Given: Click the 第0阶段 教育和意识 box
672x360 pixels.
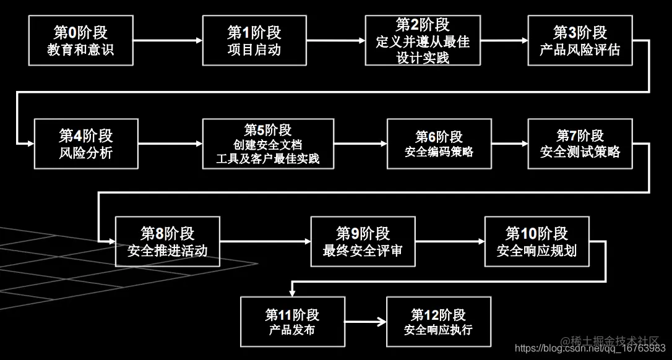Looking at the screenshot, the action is coord(80,41).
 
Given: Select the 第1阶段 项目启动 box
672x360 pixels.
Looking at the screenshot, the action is coord(254,41).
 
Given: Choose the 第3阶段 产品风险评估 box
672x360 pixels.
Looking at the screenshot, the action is coord(580,41).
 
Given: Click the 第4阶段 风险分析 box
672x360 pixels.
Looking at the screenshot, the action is coord(86,144).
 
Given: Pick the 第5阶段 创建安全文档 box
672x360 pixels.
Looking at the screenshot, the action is coord(268,144).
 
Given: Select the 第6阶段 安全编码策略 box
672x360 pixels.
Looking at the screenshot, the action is coord(439,144).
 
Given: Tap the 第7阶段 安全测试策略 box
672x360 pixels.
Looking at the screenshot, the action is coord(580,144).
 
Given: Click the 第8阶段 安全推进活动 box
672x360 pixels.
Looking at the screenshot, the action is coord(168,241).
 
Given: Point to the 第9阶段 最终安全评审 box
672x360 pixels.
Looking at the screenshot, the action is coord(363,241).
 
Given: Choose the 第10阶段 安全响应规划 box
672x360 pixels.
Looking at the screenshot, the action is coord(536,241).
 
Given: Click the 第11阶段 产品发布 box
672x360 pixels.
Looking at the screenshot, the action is coord(292,322).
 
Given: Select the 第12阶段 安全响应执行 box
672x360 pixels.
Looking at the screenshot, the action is coord(439,322).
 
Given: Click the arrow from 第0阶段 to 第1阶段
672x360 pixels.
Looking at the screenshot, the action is coord(167,41).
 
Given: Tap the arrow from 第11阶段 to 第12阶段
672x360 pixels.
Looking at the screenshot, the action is coord(365,322).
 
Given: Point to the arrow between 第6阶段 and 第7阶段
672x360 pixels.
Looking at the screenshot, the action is coord(510,144).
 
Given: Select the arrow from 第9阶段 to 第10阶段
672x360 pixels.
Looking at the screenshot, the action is coord(449,242).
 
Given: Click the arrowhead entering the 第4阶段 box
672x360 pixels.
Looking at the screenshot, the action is coord(29,144).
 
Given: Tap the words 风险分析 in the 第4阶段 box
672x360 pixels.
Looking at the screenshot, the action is coord(86,153).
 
